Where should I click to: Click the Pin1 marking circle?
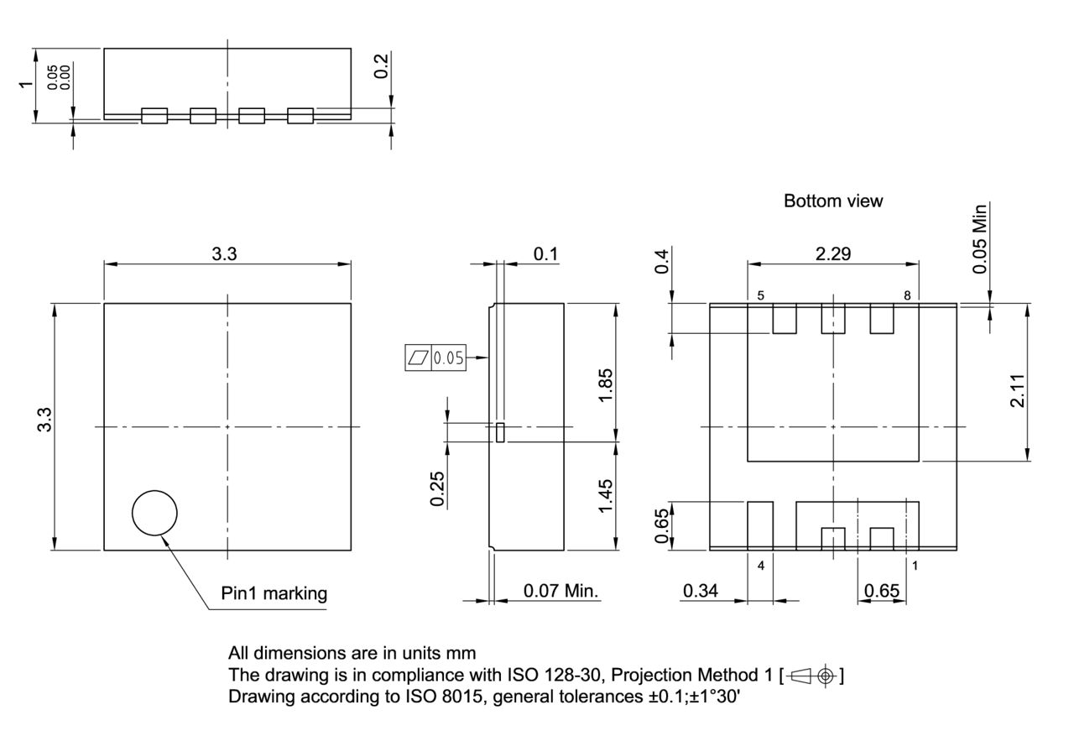154,512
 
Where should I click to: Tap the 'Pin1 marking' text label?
274,594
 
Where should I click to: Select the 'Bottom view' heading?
832,201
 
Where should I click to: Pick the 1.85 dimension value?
605,384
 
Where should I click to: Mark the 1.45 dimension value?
605,495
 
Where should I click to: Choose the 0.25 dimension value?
437,488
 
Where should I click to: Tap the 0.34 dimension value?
700,591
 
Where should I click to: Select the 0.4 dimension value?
662,261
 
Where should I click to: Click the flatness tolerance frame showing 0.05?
435,358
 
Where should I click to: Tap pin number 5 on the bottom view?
760,295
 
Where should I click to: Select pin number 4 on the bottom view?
761,566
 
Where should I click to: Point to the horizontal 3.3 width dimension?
224,254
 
